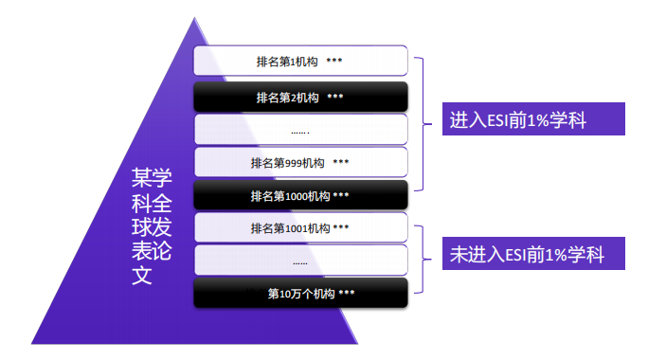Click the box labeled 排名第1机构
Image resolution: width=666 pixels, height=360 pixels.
pos(300,62)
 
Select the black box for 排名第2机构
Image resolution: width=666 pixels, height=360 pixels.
pos(300,97)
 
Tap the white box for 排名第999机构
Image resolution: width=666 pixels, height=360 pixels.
pos(300,162)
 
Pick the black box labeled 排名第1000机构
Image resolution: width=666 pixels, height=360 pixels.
pos(300,196)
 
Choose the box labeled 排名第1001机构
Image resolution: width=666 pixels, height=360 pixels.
pos(300,228)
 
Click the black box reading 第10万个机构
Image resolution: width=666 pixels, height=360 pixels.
pos(300,293)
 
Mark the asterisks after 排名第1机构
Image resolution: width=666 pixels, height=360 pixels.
pos(334,62)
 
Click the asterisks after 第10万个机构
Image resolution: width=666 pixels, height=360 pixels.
pos(346,293)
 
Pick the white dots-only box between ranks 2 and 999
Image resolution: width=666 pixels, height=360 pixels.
pos(300,130)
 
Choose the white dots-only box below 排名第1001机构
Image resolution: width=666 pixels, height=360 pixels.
pos(300,261)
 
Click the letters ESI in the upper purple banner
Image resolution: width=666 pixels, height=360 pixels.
pos(506,121)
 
